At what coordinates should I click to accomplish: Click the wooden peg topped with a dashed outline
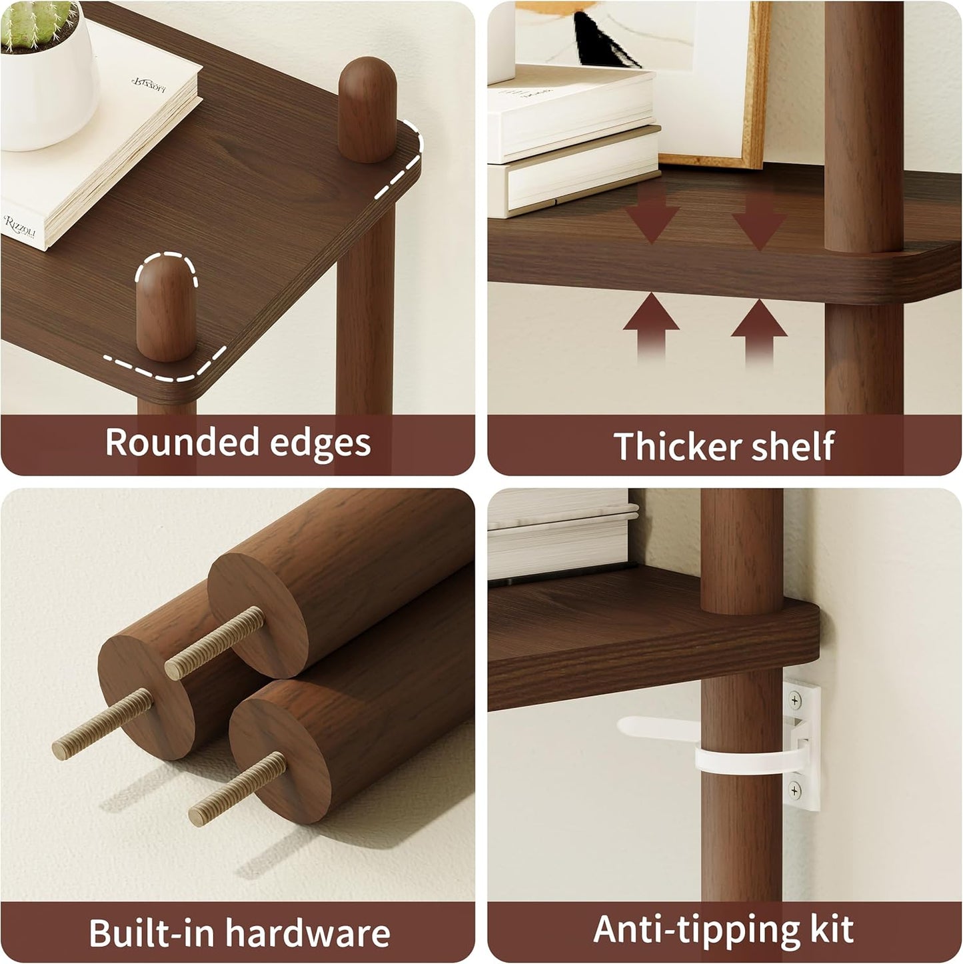pos(166,307)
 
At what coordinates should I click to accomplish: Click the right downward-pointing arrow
pos(759,220)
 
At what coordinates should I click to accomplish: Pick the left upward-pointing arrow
pos(651,328)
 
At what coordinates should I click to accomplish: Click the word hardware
pos(307,933)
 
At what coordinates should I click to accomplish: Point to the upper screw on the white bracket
pos(795,700)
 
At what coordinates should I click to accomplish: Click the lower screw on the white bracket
pos(795,791)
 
